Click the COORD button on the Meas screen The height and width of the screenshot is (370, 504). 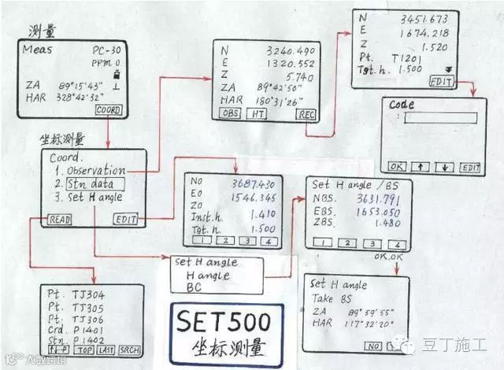click(108, 111)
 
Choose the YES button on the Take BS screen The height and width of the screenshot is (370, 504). click(391, 346)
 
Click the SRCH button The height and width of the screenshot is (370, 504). click(130, 349)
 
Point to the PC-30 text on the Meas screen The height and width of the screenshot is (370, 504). click(101, 49)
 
